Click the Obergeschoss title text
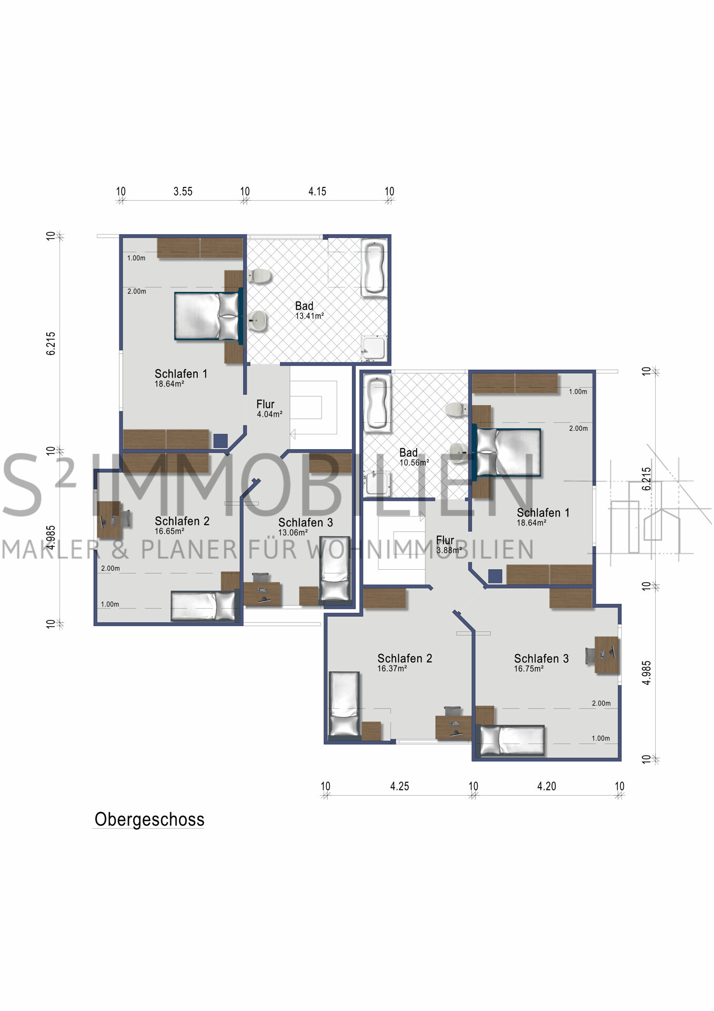(x=149, y=819)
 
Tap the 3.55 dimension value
(x=183, y=192)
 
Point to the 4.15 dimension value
(x=317, y=192)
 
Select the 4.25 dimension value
(x=399, y=786)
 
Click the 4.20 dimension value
(x=547, y=786)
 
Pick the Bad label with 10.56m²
(x=414, y=457)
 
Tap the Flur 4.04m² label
(x=269, y=409)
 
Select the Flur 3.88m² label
(x=449, y=544)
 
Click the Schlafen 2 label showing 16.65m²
(x=182, y=526)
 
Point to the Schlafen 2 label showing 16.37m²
(x=405, y=663)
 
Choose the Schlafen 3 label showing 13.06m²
(x=306, y=527)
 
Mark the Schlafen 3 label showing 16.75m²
(x=541, y=663)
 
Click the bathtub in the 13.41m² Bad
(x=374, y=269)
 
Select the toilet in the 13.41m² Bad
(x=259, y=275)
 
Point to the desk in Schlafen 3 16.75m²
(x=606, y=655)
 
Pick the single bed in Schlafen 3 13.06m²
(x=335, y=569)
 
